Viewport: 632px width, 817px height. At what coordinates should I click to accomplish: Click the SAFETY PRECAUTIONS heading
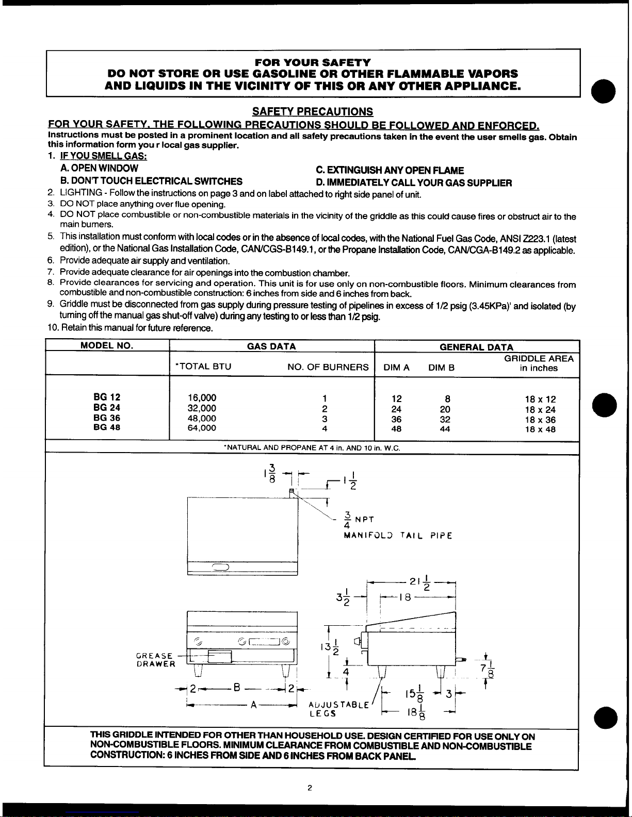tap(312, 111)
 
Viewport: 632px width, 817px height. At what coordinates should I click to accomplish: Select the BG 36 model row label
tap(107, 418)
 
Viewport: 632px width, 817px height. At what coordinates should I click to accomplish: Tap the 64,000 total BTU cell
tap(202, 428)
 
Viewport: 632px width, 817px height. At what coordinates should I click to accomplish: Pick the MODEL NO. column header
tap(107, 346)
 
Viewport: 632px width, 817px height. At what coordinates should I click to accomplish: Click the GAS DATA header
tap(271, 346)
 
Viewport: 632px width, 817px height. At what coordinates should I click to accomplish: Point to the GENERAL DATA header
tap(476, 347)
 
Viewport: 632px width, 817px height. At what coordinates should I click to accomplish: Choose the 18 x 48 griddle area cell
tap(540, 429)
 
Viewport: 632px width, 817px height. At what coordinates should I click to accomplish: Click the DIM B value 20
tap(445, 409)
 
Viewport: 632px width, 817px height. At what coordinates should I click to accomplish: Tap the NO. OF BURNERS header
tap(328, 367)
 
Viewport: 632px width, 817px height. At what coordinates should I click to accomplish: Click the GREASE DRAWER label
tap(155, 660)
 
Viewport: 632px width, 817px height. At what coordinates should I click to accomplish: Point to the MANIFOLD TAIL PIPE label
tap(398, 536)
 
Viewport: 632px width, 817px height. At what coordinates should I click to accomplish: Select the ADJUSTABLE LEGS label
tap(338, 709)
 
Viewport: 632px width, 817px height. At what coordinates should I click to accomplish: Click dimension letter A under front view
tap(254, 705)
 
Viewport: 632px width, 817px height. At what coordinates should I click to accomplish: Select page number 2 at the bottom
tap(310, 787)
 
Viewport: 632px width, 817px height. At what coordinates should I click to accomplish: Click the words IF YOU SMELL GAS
tap(104, 156)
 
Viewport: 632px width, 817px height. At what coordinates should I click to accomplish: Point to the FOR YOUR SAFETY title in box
tap(312, 62)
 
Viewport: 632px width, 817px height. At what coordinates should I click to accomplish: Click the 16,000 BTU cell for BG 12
tap(202, 398)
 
